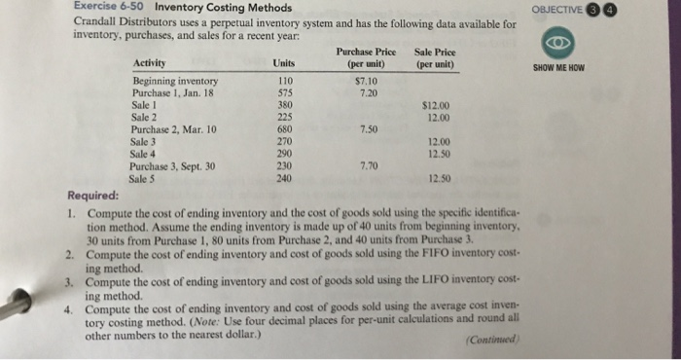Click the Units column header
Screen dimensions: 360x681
pos(284,62)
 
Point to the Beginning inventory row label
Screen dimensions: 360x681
pos(175,81)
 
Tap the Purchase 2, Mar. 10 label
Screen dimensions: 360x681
pos(174,128)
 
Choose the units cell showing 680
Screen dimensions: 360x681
pos(285,128)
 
